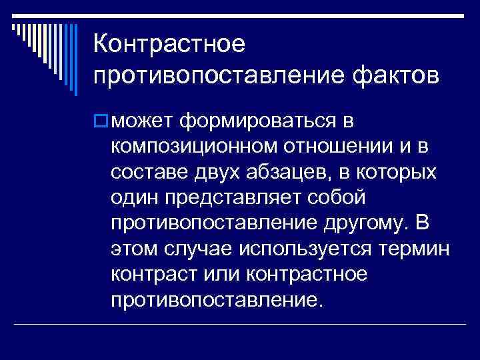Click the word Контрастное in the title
pyautogui.click(x=170, y=45)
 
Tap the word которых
pyautogui.click(x=400, y=172)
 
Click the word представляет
pyautogui.click(x=234, y=197)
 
